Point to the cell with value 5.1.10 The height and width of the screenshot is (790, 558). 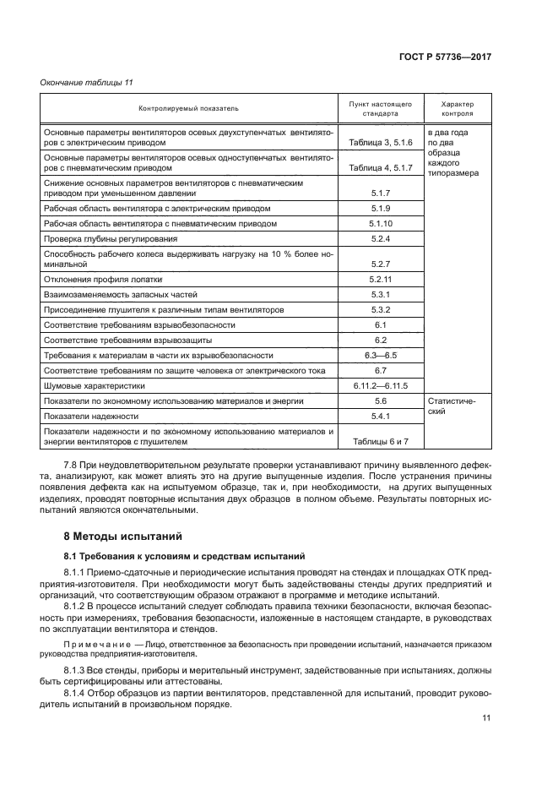[380, 224]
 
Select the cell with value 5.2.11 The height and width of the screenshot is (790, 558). [380, 278]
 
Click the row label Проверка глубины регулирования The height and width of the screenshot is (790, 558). [112, 239]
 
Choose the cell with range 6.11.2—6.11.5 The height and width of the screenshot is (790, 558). [380, 385]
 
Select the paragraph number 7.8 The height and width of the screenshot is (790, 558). [72, 466]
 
